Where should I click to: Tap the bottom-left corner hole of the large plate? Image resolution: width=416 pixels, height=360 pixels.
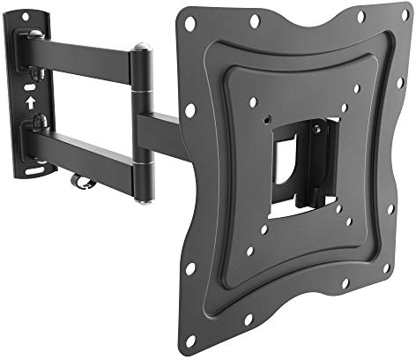[x=189, y=268]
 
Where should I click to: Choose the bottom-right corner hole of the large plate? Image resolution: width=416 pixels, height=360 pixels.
[x=386, y=267]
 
